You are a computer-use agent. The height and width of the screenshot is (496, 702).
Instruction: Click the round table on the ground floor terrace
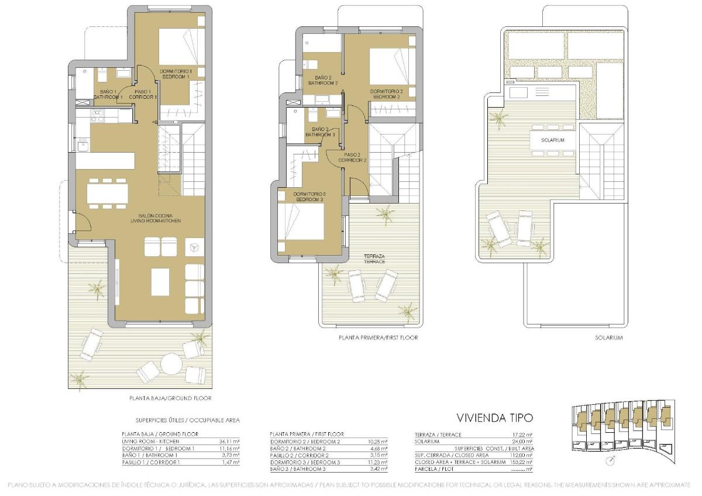[x=171, y=364]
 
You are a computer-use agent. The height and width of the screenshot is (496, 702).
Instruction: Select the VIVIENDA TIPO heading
[x=494, y=418]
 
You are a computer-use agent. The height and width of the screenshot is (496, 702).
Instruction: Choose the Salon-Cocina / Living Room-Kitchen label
[x=156, y=218]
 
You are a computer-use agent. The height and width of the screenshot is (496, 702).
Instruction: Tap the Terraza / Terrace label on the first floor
[x=374, y=259]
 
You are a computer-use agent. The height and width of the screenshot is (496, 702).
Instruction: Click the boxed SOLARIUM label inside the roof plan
[x=552, y=140]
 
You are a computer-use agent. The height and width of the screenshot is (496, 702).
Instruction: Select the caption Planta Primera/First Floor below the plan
[x=378, y=337]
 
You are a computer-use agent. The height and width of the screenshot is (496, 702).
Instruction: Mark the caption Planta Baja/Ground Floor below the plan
[x=170, y=398]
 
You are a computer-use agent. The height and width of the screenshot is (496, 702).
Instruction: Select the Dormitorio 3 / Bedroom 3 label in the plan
[x=309, y=197]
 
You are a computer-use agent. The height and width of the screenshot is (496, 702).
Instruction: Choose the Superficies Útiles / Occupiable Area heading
[x=187, y=420]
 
